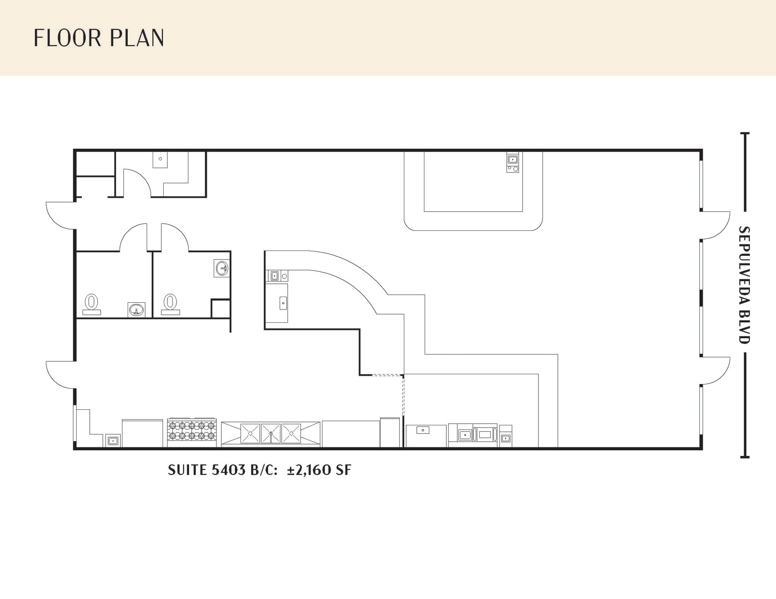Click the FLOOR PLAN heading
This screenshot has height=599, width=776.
pyautogui.click(x=99, y=38)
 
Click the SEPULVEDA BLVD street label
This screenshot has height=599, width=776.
pyautogui.click(x=744, y=285)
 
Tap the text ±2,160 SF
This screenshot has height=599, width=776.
pyautogui.click(x=319, y=470)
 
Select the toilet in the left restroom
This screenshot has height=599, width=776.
pyautogui.click(x=91, y=303)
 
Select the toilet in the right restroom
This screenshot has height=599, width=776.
pyautogui.click(x=171, y=303)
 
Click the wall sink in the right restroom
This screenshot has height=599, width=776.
pyautogui.click(x=222, y=269)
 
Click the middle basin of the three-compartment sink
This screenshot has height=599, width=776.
pyautogui.click(x=271, y=433)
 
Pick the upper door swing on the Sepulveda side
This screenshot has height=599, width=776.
pyautogui.click(x=715, y=225)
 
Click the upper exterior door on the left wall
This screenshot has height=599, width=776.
pyautogui.click(x=60, y=216)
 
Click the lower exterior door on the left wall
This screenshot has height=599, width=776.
pyautogui.click(x=60, y=375)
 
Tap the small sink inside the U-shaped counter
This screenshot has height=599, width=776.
pyautogui.click(x=512, y=159)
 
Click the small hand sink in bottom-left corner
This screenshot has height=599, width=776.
pyautogui.click(x=113, y=440)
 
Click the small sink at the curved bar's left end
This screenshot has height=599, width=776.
pyautogui.click(x=274, y=276)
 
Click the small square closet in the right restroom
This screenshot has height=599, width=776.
pyautogui.click(x=221, y=309)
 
